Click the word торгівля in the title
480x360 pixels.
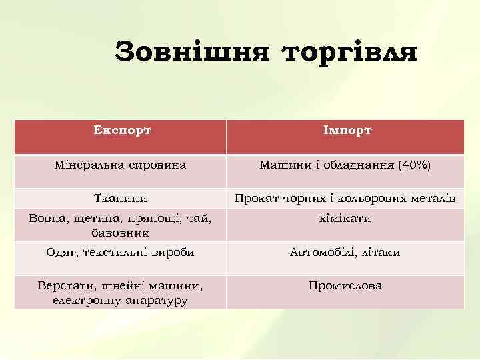pyautogui.click(x=349, y=52)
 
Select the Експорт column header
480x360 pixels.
pyautogui.click(x=121, y=129)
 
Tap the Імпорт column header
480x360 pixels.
pyautogui.click(x=345, y=129)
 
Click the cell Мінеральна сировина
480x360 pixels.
pyautogui.click(x=121, y=164)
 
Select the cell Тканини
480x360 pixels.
pyautogui.click(x=121, y=198)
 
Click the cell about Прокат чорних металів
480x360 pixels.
pyautogui.click(x=345, y=198)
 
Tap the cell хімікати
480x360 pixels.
pyautogui.click(x=345, y=219)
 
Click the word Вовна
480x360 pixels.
pyautogui.click(x=45, y=219)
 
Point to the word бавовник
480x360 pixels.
pyautogui.click(x=121, y=233)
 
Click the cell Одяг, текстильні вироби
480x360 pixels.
pyautogui.click(x=121, y=252)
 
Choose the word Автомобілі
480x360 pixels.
pyautogui.click(x=321, y=252)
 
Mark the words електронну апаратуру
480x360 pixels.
pyautogui.click(x=121, y=300)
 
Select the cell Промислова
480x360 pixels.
pyautogui.click(x=345, y=285)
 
